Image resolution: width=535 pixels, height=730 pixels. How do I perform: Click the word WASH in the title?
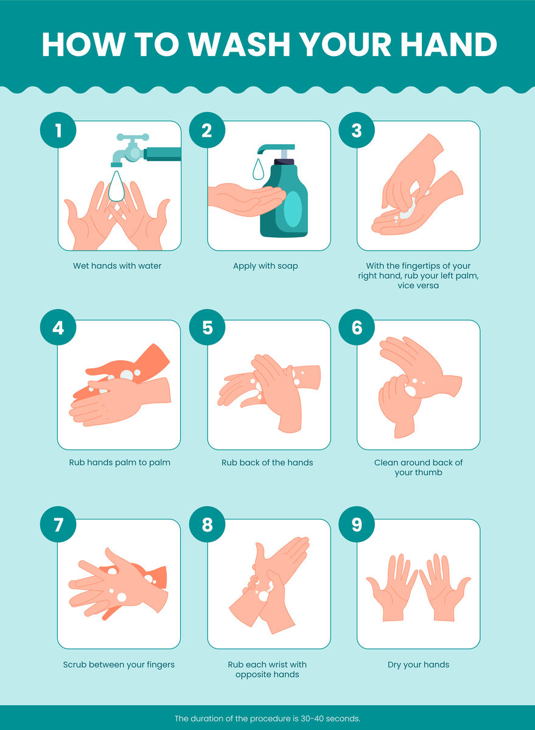pyautogui.click(x=239, y=44)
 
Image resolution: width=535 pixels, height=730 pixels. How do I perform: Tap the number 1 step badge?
pyautogui.click(x=58, y=130)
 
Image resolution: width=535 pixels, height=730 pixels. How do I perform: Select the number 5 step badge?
pyautogui.click(x=207, y=327)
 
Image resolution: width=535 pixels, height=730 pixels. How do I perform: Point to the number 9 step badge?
pyautogui.click(x=357, y=524)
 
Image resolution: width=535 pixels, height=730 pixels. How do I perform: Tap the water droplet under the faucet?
pyautogui.click(x=116, y=186)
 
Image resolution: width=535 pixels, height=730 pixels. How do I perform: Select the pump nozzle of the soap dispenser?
pyautogui.click(x=276, y=148)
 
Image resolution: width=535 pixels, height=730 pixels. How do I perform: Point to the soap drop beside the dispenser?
pyautogui.click(x=259, y=169)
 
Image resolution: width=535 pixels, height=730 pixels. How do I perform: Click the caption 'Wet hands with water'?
pyautogui.click(x=117, y=266)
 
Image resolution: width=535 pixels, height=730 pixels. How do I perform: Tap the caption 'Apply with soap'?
pyautogui.click(x=265, y=266)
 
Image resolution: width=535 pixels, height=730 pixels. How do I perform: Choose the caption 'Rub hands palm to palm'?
pyautogui.click(x=120, y=463)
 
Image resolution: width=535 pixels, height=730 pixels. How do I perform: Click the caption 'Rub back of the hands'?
pyautogui.click(x=267, y=463)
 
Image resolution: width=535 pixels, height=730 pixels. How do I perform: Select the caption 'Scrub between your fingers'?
pyautogui.click(x=119, y=665)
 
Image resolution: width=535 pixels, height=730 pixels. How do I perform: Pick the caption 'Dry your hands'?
pyautogui.click(x=418, y=665)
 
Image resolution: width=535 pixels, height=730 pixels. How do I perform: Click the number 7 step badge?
pyautogui.click(x=58, y=524)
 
